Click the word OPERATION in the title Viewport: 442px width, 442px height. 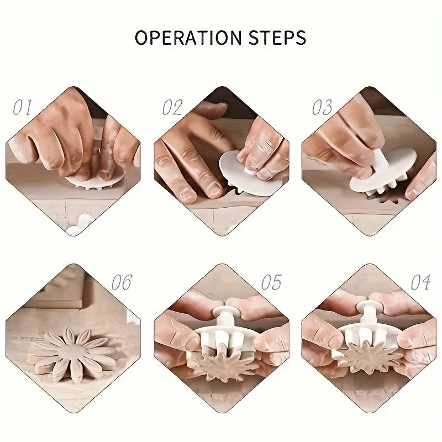(x=188, y=38)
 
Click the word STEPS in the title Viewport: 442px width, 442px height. (x=277, y=38)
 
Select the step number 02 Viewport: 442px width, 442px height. (x=172, y=107)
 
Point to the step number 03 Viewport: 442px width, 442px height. (x=322, y=107)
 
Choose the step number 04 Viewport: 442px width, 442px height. (x=420, y=282)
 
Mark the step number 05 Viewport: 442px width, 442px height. (x=271, y=282)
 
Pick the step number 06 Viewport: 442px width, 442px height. (x=122, y=282)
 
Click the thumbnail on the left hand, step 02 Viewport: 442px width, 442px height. (x=186, y=194)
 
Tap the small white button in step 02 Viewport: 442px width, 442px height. (x=249, y=171)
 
